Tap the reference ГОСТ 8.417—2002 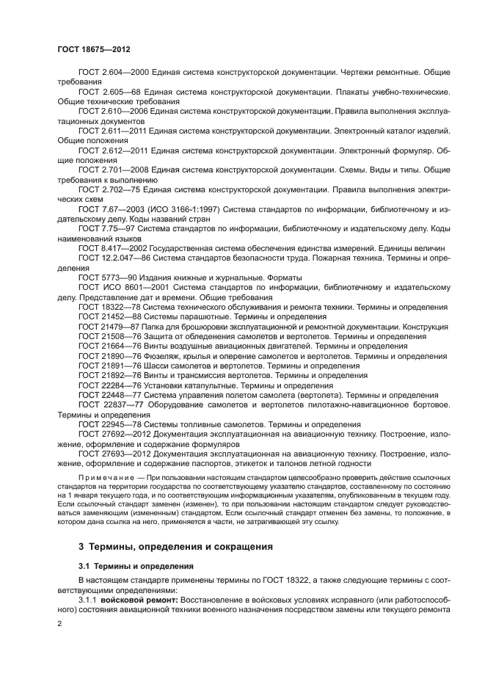pyautogui.click(x=112, y=249)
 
